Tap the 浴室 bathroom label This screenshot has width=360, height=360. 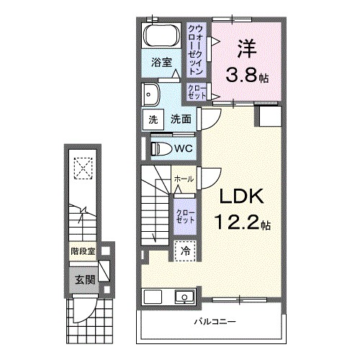[161, 63]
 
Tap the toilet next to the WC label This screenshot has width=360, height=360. [161, 148]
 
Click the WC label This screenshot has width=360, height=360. [182, 148]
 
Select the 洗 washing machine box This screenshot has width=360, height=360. [153, 120]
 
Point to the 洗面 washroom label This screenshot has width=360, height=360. [180, 120]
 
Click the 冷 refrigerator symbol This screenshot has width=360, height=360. [184, 252]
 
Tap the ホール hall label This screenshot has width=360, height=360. [184, 178]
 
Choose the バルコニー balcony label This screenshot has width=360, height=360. [215, 320]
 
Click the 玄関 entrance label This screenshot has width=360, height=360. [81, 279]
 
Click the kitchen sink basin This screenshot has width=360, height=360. [184, 297]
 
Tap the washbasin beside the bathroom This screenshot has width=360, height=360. [152, 94]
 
